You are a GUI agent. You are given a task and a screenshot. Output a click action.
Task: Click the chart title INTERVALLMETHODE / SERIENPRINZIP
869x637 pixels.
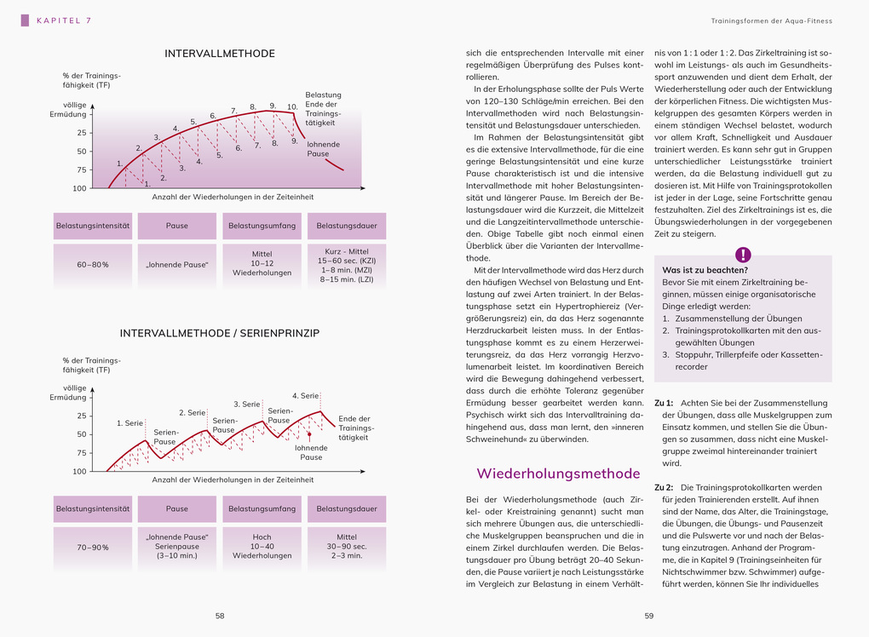(220, 333)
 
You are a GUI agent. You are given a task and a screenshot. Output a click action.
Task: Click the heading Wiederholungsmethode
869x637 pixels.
(558, 473)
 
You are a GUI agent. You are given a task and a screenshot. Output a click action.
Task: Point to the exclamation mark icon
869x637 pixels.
(743, 254)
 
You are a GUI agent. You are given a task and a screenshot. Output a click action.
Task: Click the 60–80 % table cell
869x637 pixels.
(93, 265)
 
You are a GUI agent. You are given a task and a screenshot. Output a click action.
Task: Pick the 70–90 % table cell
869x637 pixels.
(93, 548)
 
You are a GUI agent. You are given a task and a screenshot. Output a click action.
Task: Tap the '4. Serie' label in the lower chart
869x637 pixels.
(305, 396)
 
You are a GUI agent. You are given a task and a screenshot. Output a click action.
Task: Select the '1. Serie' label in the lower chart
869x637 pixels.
(129, 423)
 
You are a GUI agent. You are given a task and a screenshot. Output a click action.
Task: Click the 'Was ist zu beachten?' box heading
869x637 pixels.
(705, 270)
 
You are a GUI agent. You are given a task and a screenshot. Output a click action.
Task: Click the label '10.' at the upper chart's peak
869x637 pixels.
(292, 107)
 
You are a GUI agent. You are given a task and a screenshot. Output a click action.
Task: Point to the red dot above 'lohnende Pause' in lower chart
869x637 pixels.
(310, 434)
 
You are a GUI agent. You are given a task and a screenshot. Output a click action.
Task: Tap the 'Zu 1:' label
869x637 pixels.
(664, 402)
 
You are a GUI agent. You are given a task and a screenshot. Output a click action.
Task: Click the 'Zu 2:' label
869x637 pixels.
(664, 487)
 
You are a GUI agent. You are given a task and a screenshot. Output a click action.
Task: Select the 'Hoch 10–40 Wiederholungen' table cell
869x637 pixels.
(262, 547)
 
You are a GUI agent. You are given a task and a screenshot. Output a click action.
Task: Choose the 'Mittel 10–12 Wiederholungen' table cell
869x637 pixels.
(262, 264)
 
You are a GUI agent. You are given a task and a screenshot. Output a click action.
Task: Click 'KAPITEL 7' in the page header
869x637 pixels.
(64, 20)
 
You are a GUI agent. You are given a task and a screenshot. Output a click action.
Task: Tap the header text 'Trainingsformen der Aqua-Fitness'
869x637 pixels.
(771, 20)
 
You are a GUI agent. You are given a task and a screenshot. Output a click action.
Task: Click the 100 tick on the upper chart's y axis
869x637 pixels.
(79, 188)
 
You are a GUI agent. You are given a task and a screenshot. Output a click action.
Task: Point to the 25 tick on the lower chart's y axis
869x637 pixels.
(82, 416)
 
